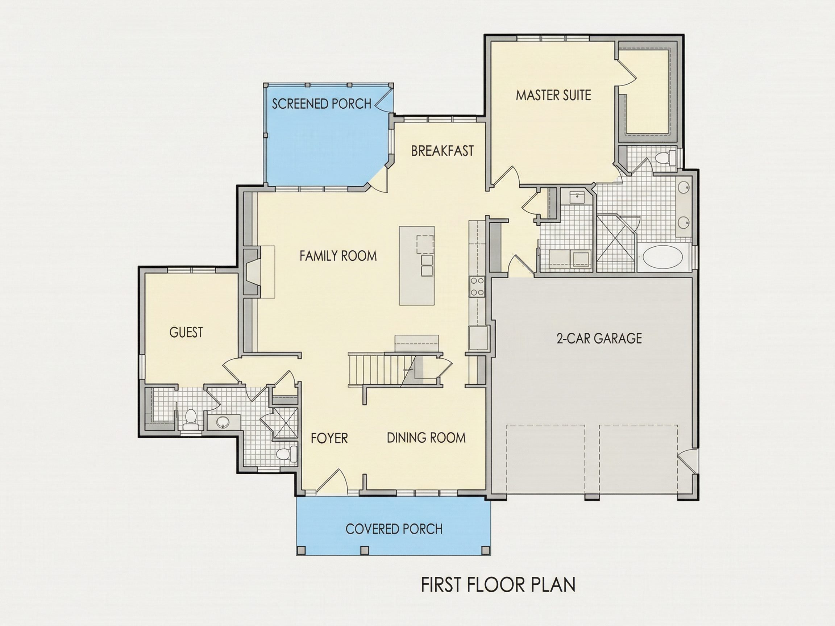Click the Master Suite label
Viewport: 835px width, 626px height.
click(553, 95)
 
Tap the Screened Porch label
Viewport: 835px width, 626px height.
click(321, 104)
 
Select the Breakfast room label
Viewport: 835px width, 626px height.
click(443, 151)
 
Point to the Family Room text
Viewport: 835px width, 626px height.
click(338, 256)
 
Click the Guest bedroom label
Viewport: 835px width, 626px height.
click(186, 333)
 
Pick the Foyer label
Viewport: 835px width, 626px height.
click(329, 438)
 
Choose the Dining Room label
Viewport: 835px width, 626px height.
click(426, 438)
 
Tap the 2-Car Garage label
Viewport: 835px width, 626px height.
click(599, 338)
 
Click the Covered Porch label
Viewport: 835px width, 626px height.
click(394, 529)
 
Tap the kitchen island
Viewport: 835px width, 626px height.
click(417, 266)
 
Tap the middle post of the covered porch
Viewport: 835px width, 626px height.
click(364, 550)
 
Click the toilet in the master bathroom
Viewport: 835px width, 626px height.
click(665, 158)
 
